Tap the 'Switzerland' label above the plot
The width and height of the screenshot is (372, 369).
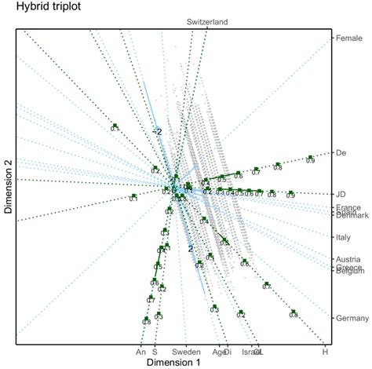pos(207,22)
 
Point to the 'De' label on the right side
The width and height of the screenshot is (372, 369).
pos(341,152)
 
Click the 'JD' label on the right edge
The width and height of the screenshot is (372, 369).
pos(341,194)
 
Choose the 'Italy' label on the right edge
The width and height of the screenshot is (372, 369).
pos(345,236)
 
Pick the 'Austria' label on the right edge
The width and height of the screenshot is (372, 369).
pos(348,259)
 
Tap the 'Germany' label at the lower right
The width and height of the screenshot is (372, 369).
pos(352,318)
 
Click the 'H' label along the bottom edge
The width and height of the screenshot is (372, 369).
pos(325,353)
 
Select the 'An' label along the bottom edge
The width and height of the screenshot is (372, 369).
pos(141,353)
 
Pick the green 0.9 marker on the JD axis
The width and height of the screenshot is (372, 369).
pos(291,192)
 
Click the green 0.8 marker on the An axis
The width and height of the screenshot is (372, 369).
pos(146,317)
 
